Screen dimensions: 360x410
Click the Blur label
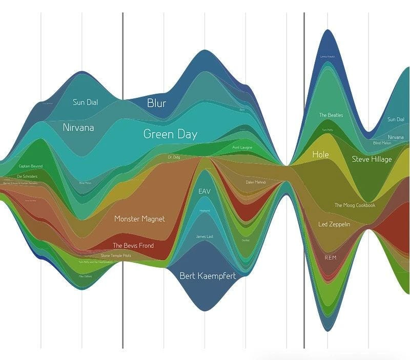coord(156,103)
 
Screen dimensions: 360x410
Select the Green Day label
coord(170,135)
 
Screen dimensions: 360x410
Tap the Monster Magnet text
coord(139,219)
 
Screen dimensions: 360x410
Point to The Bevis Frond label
coord(133,245)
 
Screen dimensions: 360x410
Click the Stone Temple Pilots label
coord(116,256)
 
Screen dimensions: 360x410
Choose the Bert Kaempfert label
coord(208,276)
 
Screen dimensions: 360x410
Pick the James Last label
coord(204,237)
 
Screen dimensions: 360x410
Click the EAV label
coord(204,191)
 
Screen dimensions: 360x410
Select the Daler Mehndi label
coord(256,182)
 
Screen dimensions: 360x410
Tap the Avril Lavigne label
coord(242,147)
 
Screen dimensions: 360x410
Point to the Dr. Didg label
coord(174,157)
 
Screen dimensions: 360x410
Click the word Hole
coord(320,154)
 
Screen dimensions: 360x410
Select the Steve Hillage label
coord(372,159)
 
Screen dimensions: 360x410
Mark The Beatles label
coord(331,115)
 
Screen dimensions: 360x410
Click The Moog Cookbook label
coord(355,205)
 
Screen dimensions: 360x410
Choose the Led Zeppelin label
coord(334,224)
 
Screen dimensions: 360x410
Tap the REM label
coord(331,257)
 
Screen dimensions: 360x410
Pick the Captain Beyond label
coord(31,166)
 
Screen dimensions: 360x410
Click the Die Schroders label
coord(27,176)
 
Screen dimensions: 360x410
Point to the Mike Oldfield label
coord(85,277)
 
